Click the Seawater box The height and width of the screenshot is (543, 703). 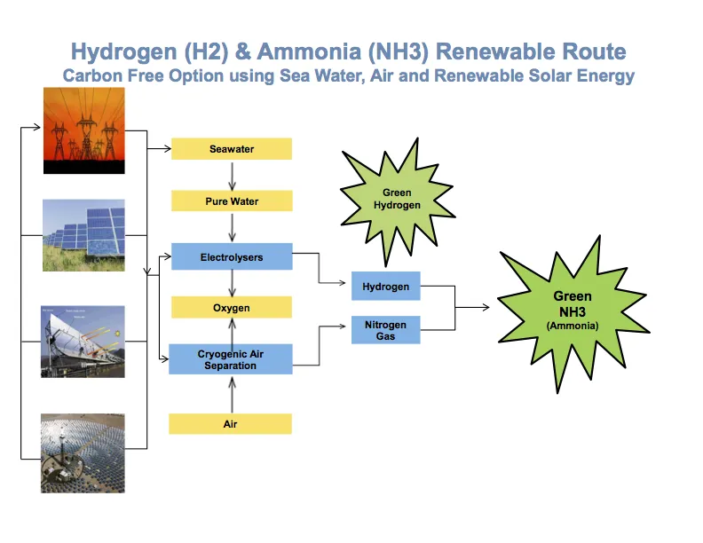tap(232, 149)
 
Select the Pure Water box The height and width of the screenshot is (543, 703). tap(232, 201)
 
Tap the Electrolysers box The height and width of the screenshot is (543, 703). tap(232, 257)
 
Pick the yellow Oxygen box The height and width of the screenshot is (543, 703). tap(232, 308)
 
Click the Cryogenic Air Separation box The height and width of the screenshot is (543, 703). tap(232, 359)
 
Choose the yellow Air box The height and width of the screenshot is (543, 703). tap(232, 424)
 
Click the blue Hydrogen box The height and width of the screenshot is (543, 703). tap(386, 287)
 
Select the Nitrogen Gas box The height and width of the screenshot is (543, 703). tap(386, 330)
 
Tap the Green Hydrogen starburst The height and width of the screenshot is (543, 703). tap(397, 199)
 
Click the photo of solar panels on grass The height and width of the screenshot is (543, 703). tap(83, 235)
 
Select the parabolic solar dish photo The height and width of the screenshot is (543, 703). tap(83, 342)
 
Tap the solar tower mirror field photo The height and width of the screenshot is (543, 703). tap(83, 452)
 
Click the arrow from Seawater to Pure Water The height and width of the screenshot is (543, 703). tap(232, 176)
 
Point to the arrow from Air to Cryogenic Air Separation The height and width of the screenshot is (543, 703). tap(232, 394)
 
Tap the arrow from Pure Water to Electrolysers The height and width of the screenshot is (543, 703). tap(232, 228)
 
